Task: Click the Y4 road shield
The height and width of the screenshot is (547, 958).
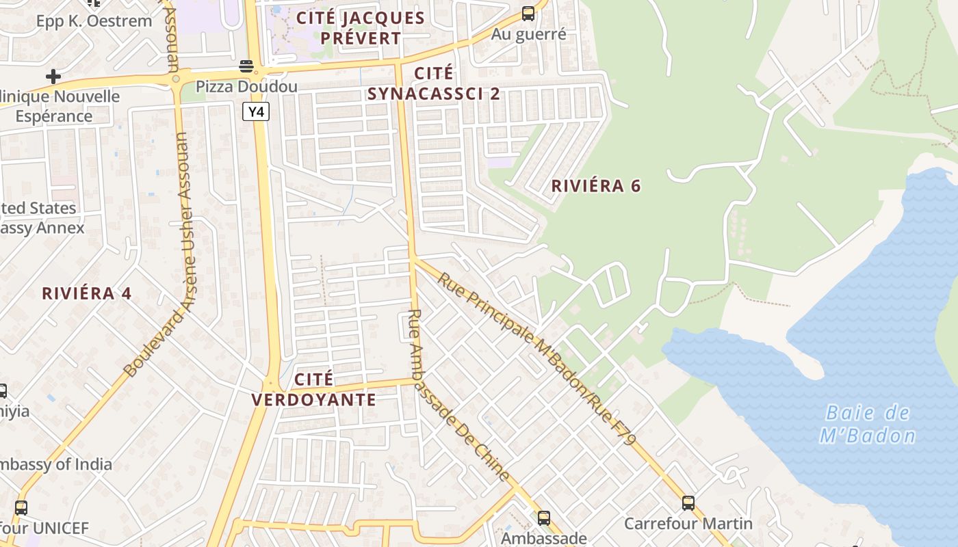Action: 256,111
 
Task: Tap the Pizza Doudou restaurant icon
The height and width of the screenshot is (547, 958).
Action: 246,66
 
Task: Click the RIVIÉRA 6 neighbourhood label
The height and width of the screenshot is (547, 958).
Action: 596,185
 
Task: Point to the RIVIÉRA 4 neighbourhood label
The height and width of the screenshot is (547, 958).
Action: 86,293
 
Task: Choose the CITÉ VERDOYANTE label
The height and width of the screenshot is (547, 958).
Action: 314,390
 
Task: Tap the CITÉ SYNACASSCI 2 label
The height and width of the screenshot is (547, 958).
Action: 434,83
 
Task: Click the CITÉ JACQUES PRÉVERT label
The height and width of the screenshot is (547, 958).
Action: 361,28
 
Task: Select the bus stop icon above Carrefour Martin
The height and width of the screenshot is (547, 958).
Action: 688,503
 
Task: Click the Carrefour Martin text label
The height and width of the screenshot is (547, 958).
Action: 688,524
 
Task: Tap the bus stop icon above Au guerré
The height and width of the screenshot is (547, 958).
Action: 528,13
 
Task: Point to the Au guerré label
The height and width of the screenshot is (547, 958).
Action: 529,34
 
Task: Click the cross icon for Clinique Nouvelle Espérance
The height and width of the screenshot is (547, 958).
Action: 53,76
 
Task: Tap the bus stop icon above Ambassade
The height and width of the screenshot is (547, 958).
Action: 544,518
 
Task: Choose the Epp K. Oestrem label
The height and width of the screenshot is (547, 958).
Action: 94,21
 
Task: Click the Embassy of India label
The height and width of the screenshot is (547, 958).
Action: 55,465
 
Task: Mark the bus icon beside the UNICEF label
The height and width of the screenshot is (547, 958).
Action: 21,508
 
